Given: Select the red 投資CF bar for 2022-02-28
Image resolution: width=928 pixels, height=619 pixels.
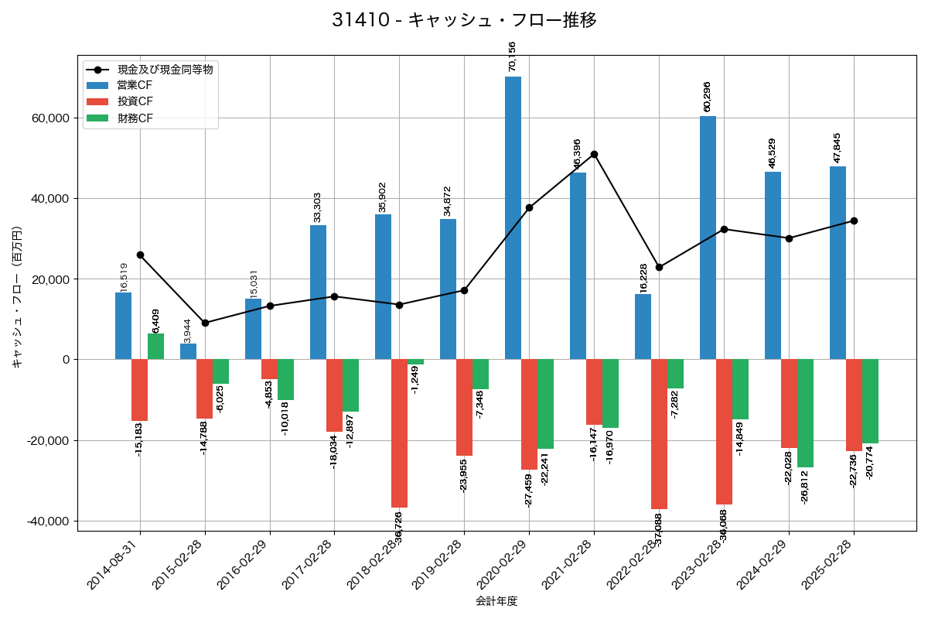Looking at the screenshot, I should (x=659, y=434).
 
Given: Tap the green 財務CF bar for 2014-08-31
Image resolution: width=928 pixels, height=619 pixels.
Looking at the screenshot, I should (x=155, y=347).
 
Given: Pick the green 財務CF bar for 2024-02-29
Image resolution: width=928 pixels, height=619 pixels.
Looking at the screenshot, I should (x=805, y=413).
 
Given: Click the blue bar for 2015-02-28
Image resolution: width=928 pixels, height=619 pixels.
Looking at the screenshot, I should (x=188, y=351).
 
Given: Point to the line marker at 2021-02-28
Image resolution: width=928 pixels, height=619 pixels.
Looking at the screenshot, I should (x=594, y=155).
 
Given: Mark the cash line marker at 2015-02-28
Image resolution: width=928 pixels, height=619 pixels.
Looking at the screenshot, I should (x=205, y=323).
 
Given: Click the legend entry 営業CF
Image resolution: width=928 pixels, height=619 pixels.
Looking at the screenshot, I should (x=135, y=85).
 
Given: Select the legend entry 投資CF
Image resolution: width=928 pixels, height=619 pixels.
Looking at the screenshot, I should (x=135, y=101).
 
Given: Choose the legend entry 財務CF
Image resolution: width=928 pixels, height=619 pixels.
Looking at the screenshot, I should (x=135, y=118).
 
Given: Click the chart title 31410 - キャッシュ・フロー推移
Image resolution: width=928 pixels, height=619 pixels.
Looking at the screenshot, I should (x=464, y=20).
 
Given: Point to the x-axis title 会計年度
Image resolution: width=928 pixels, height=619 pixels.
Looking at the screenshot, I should (x=496, y=601).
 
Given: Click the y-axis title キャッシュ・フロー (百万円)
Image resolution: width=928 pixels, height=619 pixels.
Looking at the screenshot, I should (x=17, y=296).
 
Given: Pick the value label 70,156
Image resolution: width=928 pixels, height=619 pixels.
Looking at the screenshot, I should (x=512, y=56).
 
